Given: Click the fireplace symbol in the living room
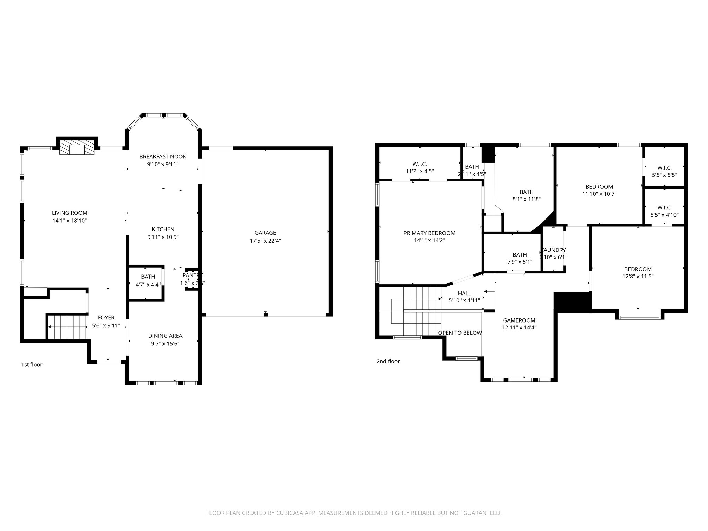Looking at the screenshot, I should point(77,148).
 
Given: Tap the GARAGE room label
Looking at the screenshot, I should point(265,233).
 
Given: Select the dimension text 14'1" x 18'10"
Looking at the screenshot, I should point(69,221).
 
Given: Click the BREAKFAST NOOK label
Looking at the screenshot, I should point(162,157).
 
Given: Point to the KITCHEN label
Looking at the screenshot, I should point(163,229).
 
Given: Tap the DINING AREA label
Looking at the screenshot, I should point(165,336).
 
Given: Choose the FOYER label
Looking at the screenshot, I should point(106,318).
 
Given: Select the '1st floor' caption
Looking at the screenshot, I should point(32,365).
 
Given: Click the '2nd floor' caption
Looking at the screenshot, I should point(388,361).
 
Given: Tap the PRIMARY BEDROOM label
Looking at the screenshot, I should point(429,233).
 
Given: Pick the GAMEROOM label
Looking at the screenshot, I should point(519,320).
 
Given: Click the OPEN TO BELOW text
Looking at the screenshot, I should point(459,333).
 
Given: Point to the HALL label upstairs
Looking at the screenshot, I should point(464,294).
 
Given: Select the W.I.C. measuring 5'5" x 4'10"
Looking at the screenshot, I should point(664,211).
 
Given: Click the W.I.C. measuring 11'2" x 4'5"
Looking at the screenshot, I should point(420,167).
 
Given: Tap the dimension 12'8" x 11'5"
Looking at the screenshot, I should point(638,277).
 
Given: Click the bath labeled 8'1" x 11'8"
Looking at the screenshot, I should point(526,196).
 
